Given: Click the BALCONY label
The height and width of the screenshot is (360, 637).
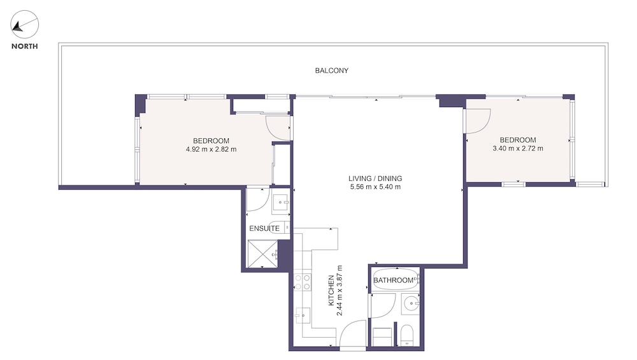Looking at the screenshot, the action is coord(331,70).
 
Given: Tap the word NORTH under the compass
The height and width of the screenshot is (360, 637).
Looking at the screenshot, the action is coord(24,47).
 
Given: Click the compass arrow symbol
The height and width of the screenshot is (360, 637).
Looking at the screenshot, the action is coord(18,27).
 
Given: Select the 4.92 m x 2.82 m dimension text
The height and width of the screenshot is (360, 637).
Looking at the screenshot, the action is coord(211,149).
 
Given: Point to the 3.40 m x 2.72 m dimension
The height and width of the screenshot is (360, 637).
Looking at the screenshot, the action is coord(517,148).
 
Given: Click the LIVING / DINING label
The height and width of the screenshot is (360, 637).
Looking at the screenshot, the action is coord(375,178).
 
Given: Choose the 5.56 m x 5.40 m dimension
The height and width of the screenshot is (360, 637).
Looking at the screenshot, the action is coord(375,187).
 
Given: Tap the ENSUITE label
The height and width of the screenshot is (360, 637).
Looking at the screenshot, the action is coord(264,228).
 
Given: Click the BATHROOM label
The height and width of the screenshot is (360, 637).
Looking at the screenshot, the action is coord(393,280).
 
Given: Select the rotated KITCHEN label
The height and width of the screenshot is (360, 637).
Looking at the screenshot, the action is coord(331,291).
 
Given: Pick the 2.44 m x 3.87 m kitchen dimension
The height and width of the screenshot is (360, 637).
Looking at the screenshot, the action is coord(340,291).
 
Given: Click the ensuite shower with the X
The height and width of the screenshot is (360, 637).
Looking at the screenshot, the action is coord(262,254).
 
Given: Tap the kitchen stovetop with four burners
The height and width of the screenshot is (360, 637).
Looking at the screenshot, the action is coord(302,282).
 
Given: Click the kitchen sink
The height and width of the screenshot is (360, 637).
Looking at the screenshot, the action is coord(303,315).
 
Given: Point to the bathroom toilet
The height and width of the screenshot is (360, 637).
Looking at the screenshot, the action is coord(406,335).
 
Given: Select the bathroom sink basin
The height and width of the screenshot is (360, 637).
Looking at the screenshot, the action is coord(410,304).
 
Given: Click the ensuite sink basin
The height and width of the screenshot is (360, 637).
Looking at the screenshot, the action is coord(281,202).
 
